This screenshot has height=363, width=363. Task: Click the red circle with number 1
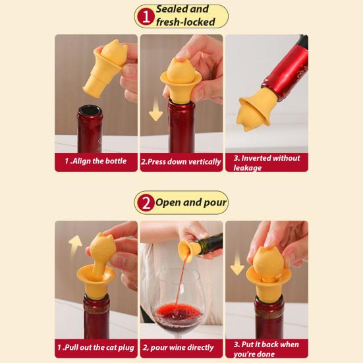[144, 16]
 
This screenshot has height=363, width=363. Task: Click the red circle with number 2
[144, 203]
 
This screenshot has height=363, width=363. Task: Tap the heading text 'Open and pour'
[190, 202]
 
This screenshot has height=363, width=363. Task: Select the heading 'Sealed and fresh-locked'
[191, 16]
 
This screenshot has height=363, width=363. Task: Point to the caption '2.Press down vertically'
[181, 162]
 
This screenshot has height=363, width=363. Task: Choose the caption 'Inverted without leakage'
[266, 163]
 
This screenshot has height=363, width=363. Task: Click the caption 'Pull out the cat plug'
[96, 348]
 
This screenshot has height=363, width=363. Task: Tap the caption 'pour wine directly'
[181, 348]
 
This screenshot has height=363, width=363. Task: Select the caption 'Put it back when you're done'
[266, 349]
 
